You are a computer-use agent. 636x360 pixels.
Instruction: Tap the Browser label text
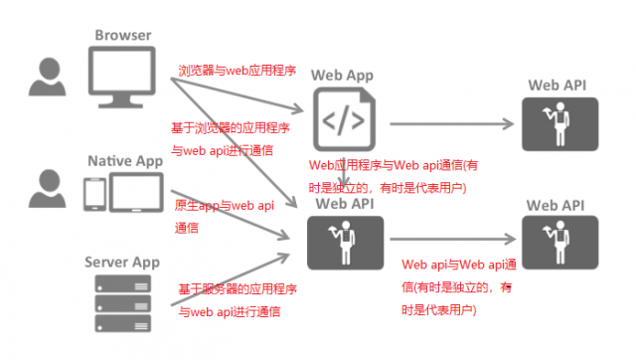click(x=123, y=36)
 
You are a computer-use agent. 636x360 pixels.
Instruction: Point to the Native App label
click(x=124, y=160)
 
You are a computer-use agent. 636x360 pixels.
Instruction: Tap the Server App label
click(x=124, y=260)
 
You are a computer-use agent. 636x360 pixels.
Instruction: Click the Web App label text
click(x=343, y=76)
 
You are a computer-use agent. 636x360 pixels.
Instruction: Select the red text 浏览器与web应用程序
click(x=237, y=73)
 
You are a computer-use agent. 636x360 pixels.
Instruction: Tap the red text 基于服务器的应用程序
click(x=237, y=288)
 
